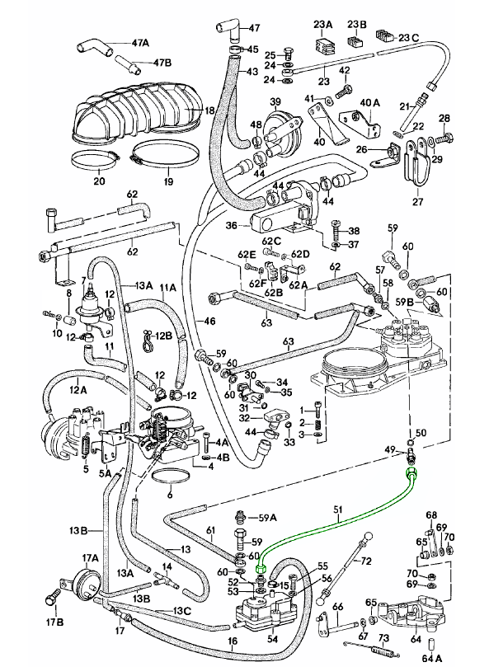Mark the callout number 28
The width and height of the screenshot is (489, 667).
(x=444, y=118)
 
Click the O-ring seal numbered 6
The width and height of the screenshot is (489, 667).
(x=171, y=481)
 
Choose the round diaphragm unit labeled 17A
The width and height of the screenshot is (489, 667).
(x=84, y=581)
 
